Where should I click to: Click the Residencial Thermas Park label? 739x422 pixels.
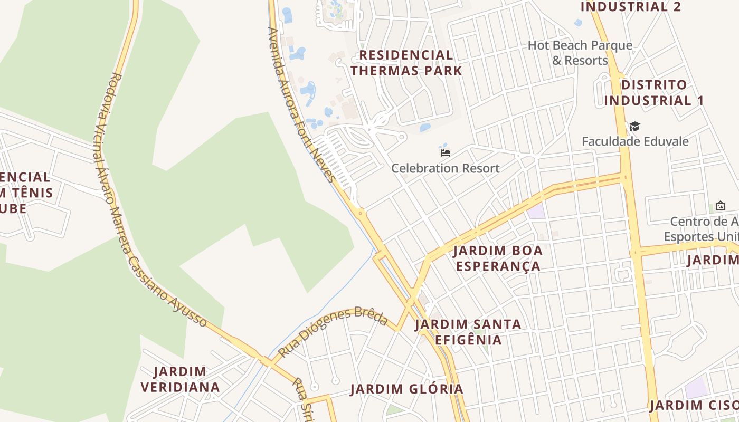coord(406,63)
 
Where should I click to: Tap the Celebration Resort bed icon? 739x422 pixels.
coord(446,153)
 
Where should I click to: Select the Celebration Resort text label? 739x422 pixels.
coord(446,168)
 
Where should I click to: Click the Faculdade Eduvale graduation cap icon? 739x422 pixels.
coord(634,127)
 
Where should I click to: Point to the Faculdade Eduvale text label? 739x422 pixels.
coord(635,141)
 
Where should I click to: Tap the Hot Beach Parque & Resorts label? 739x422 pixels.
coord(580,53)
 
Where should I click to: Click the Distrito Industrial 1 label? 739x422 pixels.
coord(654,92)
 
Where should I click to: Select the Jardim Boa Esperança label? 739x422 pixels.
coord(498,258)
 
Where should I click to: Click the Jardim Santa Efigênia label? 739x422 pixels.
coord(468,331)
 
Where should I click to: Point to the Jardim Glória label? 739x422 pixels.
coord(407,389)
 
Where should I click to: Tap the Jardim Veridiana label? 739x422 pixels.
coord(181,379)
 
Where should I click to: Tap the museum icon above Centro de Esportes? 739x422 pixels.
coord(720,206)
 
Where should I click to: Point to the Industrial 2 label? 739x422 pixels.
coord(631,7)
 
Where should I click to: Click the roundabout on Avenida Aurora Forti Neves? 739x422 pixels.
coord(361,214)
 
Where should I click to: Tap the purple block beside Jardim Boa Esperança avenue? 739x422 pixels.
coord(536,212)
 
